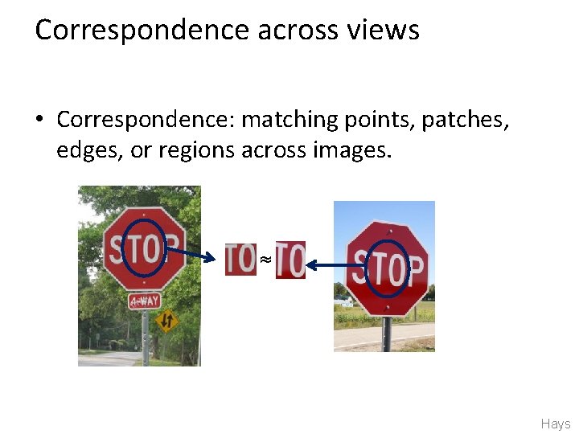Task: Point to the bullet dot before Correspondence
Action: pyautogui.click(x=39, y=121)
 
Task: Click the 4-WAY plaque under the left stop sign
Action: pyautogui.click(x=145, y=301)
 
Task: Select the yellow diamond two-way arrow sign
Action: pyautogui.click(x=166, y=321)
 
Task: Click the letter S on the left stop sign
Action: pyautogui.click(x=117, y=249)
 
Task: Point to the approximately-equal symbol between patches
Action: pyautogui.click(x=265, y=259)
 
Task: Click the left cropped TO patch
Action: pyautogui.click(x=240, y=259)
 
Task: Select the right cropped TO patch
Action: pyautogui.click(x=290, y=260)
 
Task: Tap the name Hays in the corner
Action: pyautogui.click(x=556, y=424)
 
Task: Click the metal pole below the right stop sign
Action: pyautogui.click(x=386, y=334)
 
